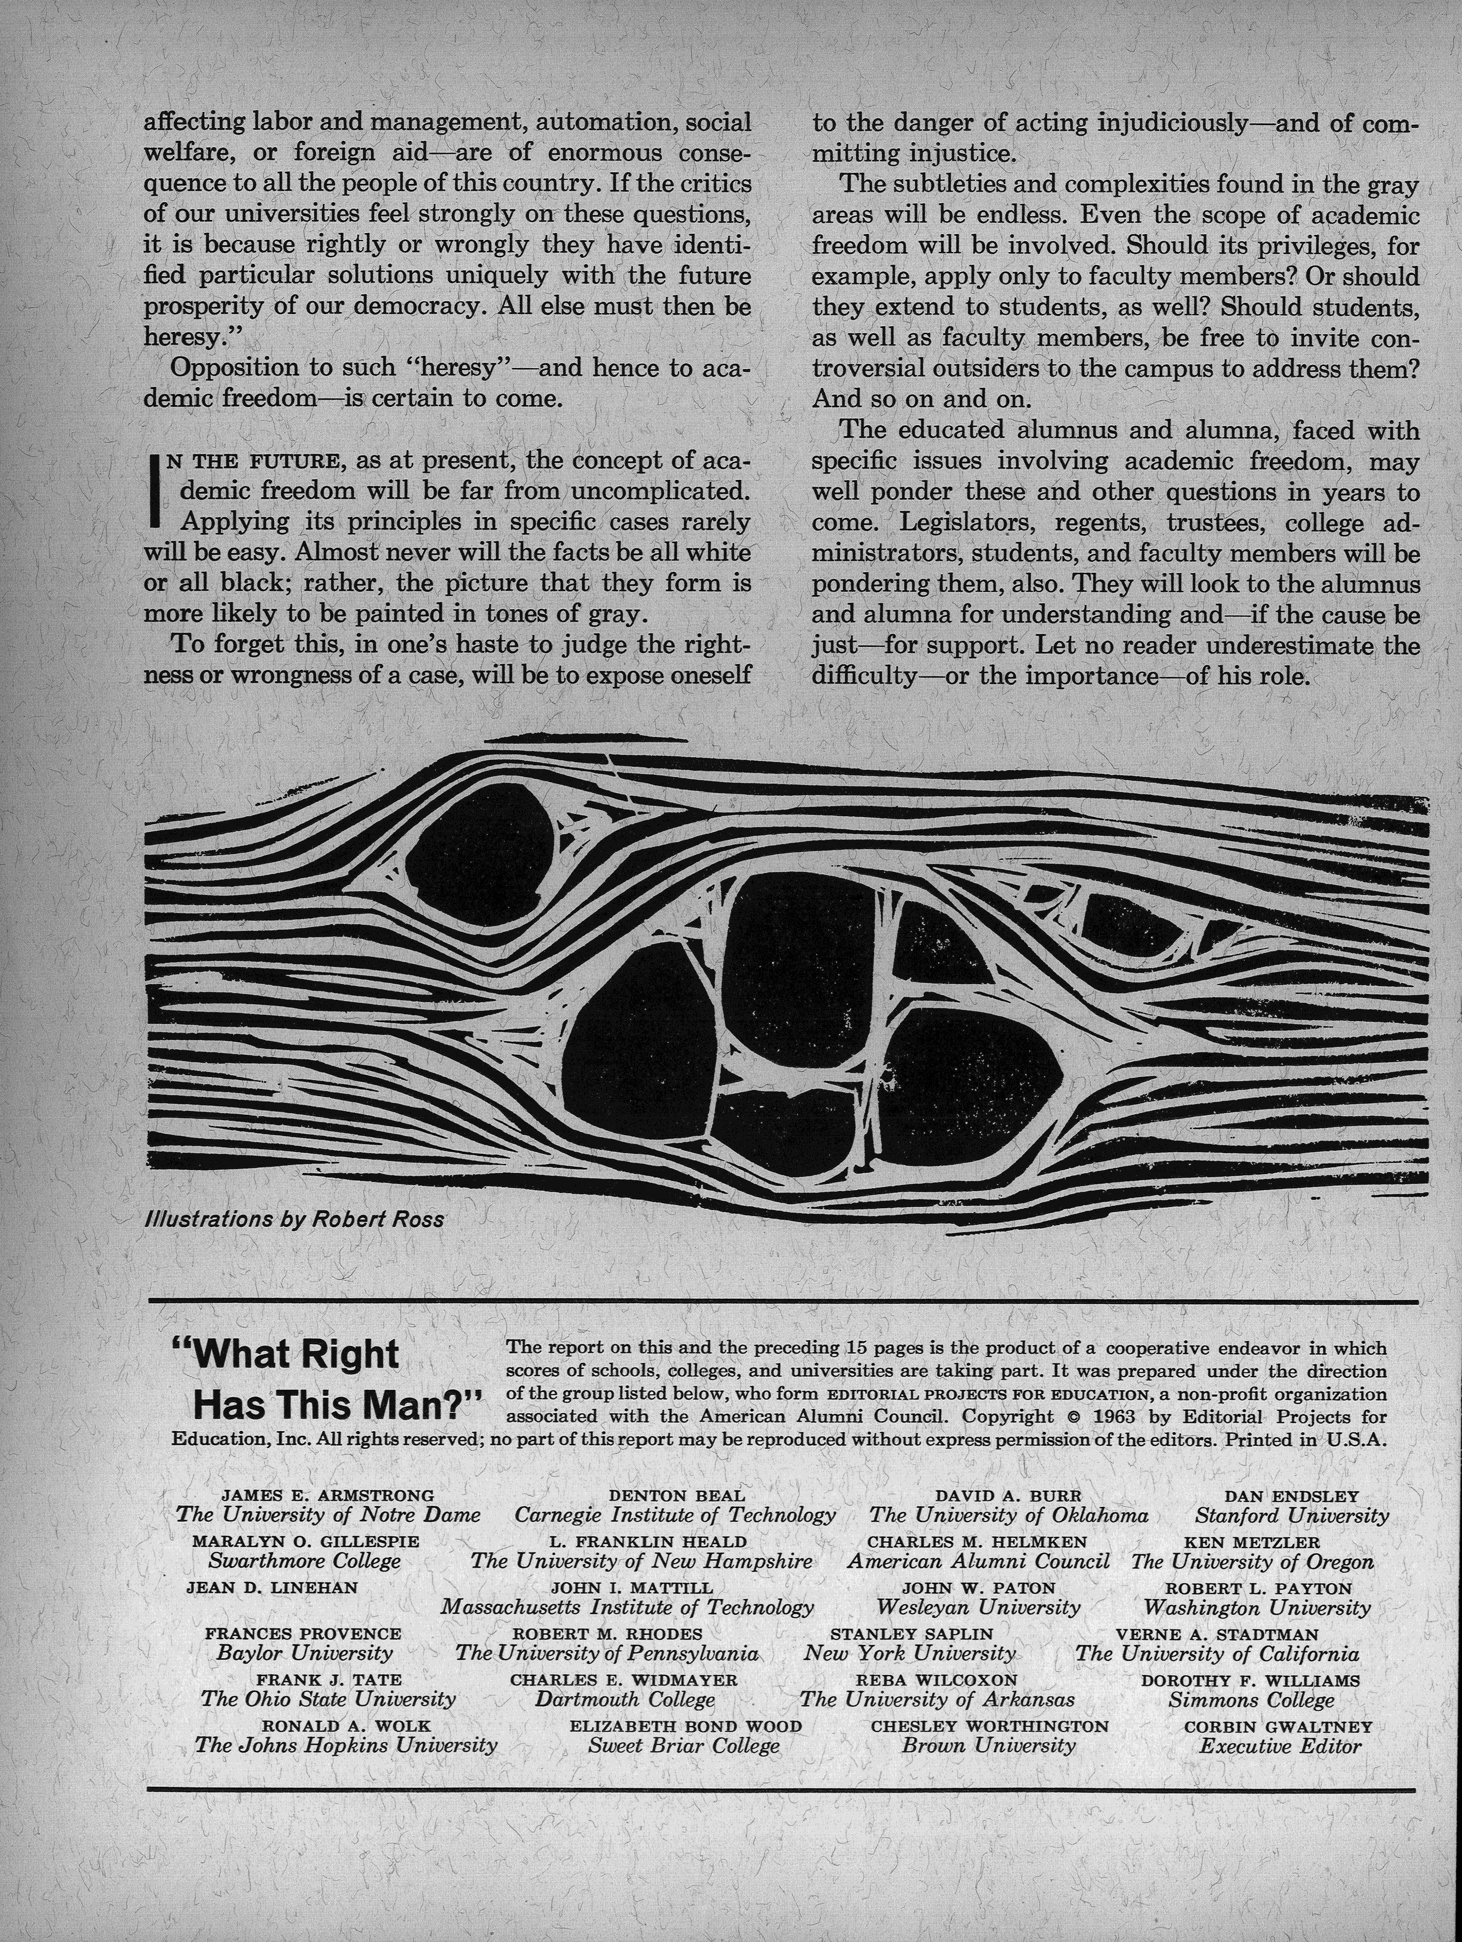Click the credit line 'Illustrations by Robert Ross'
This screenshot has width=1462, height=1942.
(x=294, y=1220)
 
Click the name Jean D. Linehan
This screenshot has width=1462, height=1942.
(x=272, y=1587)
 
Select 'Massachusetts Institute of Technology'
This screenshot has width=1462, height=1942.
(x=627, y=1607)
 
